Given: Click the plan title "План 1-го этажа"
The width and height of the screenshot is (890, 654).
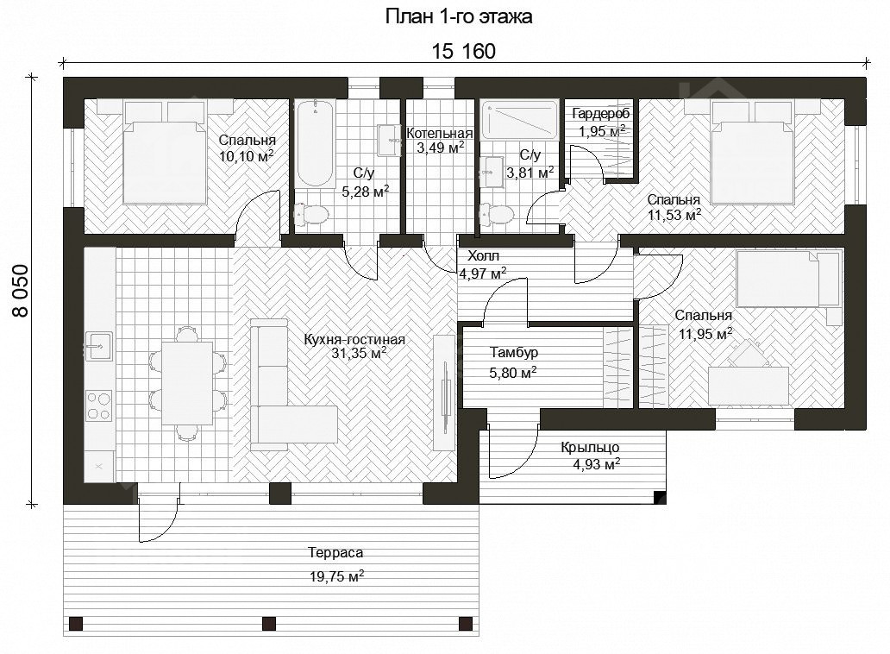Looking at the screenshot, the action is [x=459, y=16].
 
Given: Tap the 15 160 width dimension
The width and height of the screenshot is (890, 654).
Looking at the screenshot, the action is [x=463, y=51].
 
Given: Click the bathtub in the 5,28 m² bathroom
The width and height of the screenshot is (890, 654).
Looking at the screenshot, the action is [x=316, y=143].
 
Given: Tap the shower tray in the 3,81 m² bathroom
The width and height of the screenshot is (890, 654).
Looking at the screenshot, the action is [x=519, y=120].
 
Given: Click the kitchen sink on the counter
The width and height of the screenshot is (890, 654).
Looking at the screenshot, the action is [x=98, y=346].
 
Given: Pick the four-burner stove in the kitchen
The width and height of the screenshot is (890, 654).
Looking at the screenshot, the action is [x=99, y=405].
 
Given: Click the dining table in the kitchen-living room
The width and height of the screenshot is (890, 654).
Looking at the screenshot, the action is [x=187, y=382].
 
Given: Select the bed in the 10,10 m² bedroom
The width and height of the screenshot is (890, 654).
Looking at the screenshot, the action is [x=165, y=152].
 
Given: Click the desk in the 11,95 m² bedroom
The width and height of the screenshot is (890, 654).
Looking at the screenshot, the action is [x=748, y=386].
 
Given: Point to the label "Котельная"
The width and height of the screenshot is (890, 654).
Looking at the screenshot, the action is [x=439, y=134].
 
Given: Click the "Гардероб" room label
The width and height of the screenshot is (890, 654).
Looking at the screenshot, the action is [x=600, y=114].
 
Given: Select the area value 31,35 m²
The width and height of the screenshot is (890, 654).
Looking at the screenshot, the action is [x=360, y=353].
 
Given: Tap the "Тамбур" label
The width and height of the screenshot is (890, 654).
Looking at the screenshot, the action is [x=514, y=353].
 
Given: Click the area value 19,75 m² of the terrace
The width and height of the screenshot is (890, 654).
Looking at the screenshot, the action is [x=336, y=576].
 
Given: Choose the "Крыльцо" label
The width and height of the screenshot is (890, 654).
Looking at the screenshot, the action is [x=590, y=447].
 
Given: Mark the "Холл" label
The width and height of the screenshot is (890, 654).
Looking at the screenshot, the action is [x=483, y=256].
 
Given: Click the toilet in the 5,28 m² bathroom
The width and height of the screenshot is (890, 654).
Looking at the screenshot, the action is [x=311, y=215].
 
